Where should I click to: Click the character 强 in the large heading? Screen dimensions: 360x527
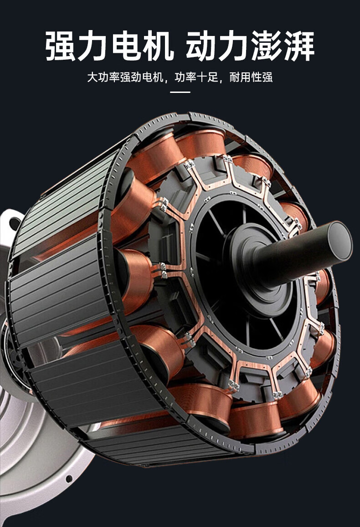coord(60,46)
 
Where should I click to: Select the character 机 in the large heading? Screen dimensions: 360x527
coord(159,46)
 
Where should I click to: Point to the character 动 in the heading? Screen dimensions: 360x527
coord(201,46)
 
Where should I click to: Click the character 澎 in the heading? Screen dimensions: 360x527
coord(267,46)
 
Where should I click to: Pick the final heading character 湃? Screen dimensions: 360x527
coord(299,46)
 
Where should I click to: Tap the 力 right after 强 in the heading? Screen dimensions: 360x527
coord(93,46)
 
